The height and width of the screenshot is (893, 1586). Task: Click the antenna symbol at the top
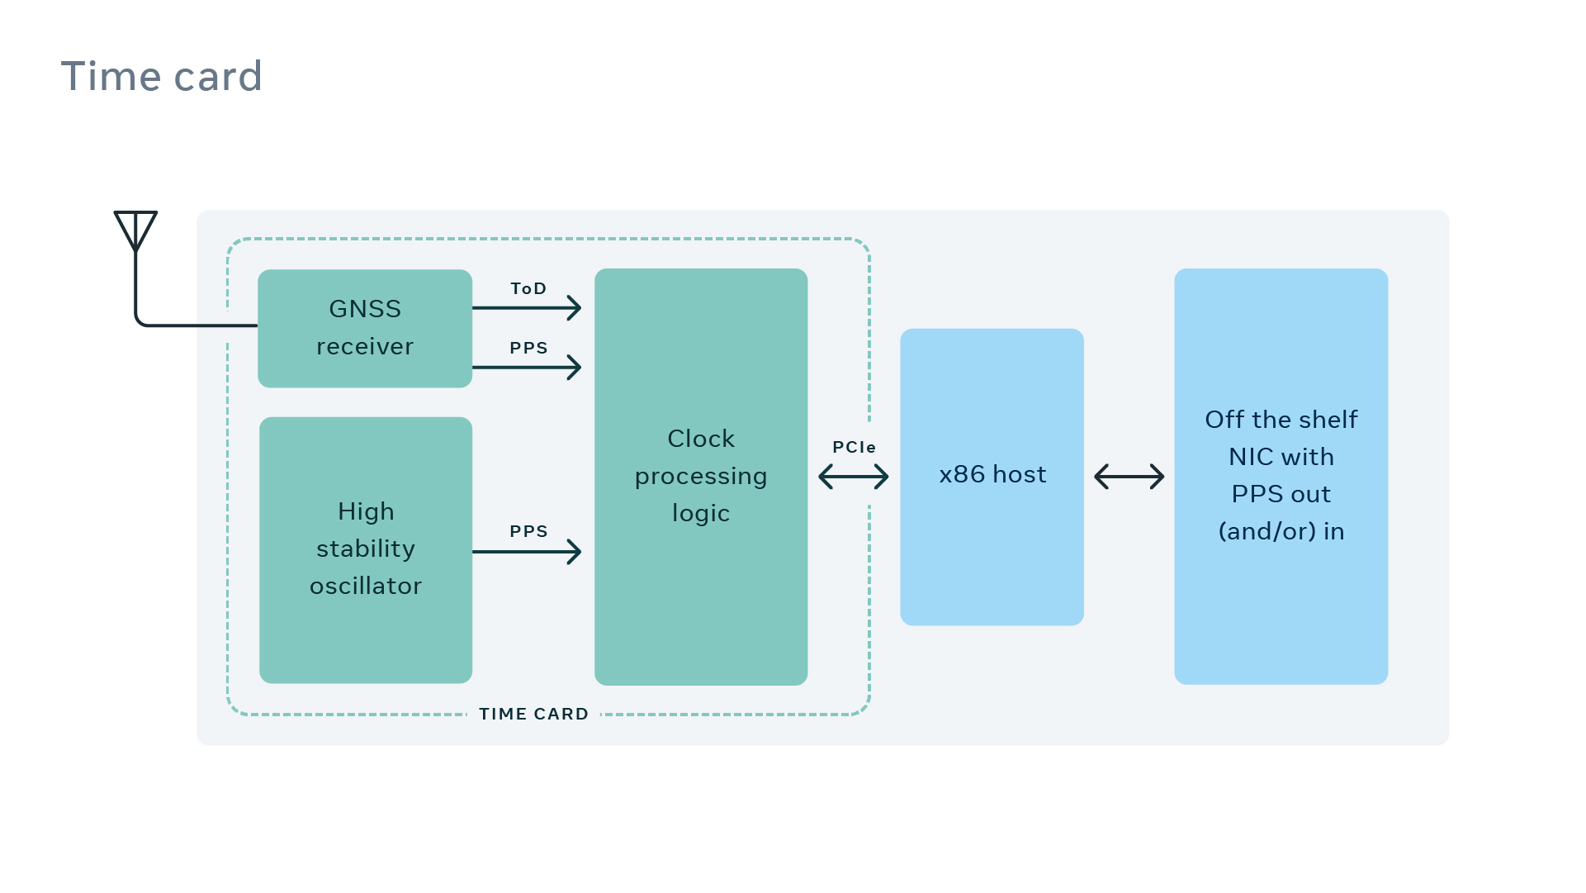click(x=135, y=230)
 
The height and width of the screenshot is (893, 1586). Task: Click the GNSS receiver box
click(x=365, y=328)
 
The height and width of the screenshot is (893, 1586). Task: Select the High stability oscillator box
click(x=366, y=549)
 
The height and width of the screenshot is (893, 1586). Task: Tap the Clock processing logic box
click(x=701, y=476)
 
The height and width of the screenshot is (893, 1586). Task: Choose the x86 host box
click(x=992, y=476)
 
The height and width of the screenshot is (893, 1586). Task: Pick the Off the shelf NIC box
click(x=1281, y=476)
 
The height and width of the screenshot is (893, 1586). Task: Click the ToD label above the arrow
click(x=528, y=288)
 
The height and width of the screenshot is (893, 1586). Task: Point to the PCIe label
click(x=854, y=447)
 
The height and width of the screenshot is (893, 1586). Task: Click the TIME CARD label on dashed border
click(x=533, y=714)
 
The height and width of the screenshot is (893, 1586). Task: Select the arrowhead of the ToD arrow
click(x=575, y=308)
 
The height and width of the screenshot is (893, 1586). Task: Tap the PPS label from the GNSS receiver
click(x=528, y=348)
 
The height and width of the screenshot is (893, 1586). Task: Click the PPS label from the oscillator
click(x=528, y=531)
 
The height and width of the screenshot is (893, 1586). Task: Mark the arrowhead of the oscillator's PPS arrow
click(x=575, y=552)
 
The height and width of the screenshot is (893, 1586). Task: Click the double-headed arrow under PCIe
click(x=853, y=477)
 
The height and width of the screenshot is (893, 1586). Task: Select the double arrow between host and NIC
click(x=1129, y=477)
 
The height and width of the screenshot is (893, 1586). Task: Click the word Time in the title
click(x=111, y=77)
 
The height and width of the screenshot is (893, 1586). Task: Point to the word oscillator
click(x=366, y=586)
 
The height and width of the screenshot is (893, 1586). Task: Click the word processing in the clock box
click(x=701, y=477)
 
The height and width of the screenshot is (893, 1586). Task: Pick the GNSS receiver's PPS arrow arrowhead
click(x=575, y=367)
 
